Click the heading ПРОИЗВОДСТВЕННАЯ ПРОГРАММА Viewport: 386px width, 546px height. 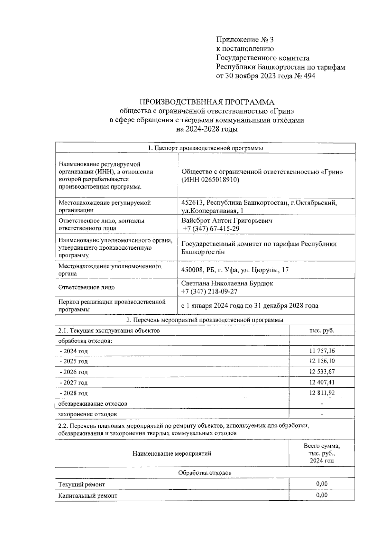(207, 102)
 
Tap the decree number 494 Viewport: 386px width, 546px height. (309, 76)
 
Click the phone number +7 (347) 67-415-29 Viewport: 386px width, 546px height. (211, 228)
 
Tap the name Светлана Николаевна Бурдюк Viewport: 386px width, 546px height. (227, 283)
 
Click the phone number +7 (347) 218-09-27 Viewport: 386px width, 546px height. (209, 292)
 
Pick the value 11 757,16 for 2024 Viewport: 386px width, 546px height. (322, 351)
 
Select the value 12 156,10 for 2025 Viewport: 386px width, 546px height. (322, 361)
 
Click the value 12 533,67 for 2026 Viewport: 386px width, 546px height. (322, 372)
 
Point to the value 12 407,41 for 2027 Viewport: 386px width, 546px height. (322, 382)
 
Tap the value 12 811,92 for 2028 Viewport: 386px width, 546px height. (322, 393)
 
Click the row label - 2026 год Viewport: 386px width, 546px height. (74, 372)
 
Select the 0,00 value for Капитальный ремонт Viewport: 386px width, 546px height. (322, 495)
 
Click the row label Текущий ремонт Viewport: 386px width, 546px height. (82, 484)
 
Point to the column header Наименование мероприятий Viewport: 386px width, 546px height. (172, 453)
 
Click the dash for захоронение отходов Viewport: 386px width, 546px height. (322, 414)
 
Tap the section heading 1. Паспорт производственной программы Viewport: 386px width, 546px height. (205, 148)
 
